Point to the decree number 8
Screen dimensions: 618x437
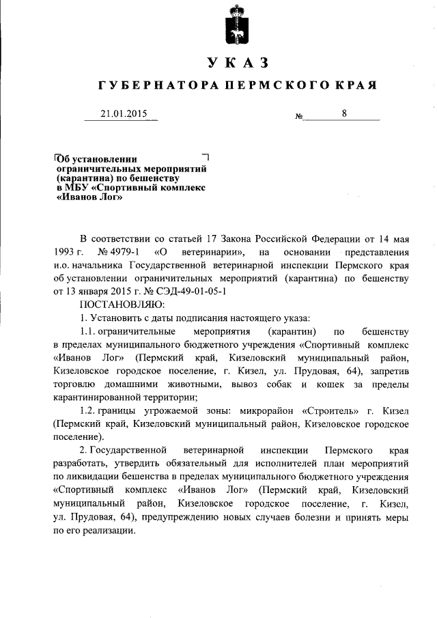tap(345, 115)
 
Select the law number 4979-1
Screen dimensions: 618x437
tap(122, 253)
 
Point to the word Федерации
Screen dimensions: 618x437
tap(323, 239)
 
